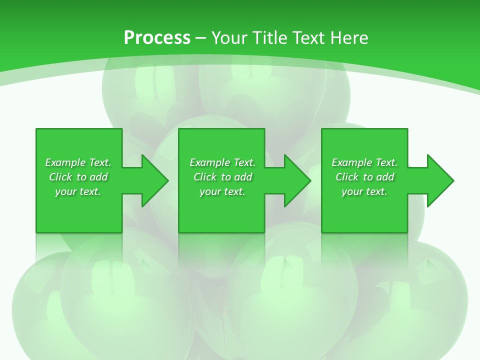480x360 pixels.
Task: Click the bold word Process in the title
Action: pyautogui.click(x=156, y=38)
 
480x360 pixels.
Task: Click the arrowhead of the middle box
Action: pyautogui.click(x=297, y=180)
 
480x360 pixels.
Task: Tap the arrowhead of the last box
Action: pyautogui.click(x=440, y=180)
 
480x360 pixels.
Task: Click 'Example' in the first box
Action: pyautogui.click(x=65, y=162)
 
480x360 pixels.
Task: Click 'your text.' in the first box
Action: pyautogui.click(x=78, y=191)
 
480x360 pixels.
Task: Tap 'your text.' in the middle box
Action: pyautogui.click(x=222, y=191)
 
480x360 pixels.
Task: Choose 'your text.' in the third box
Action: pyautogui.click(x=364, y=191)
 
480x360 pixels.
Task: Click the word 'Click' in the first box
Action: pyautogui.click(x=60, y=177)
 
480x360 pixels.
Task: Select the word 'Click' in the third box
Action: pyautogui.click(x=347, y=177)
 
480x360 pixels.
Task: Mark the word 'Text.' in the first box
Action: pyautogui.click(x=100, y=162)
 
